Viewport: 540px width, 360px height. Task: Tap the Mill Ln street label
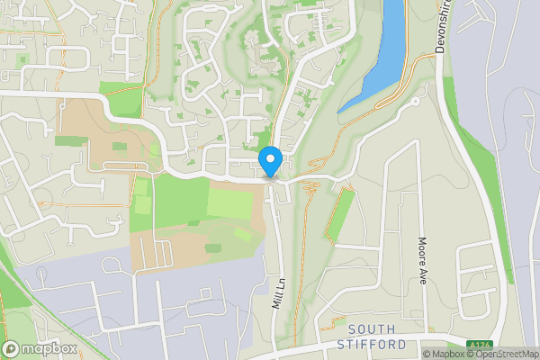tap(279, 292)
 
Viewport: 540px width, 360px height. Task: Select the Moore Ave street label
tap(421, 261)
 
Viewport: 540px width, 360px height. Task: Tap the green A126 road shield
tap(479, 346)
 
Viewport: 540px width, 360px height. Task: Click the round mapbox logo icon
tap(12, 348)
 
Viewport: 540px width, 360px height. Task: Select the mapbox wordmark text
tap(49, 348)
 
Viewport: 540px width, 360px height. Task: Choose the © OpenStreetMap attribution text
tap(500, 354)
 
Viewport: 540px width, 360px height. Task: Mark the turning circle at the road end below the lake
tap(417, 103)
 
